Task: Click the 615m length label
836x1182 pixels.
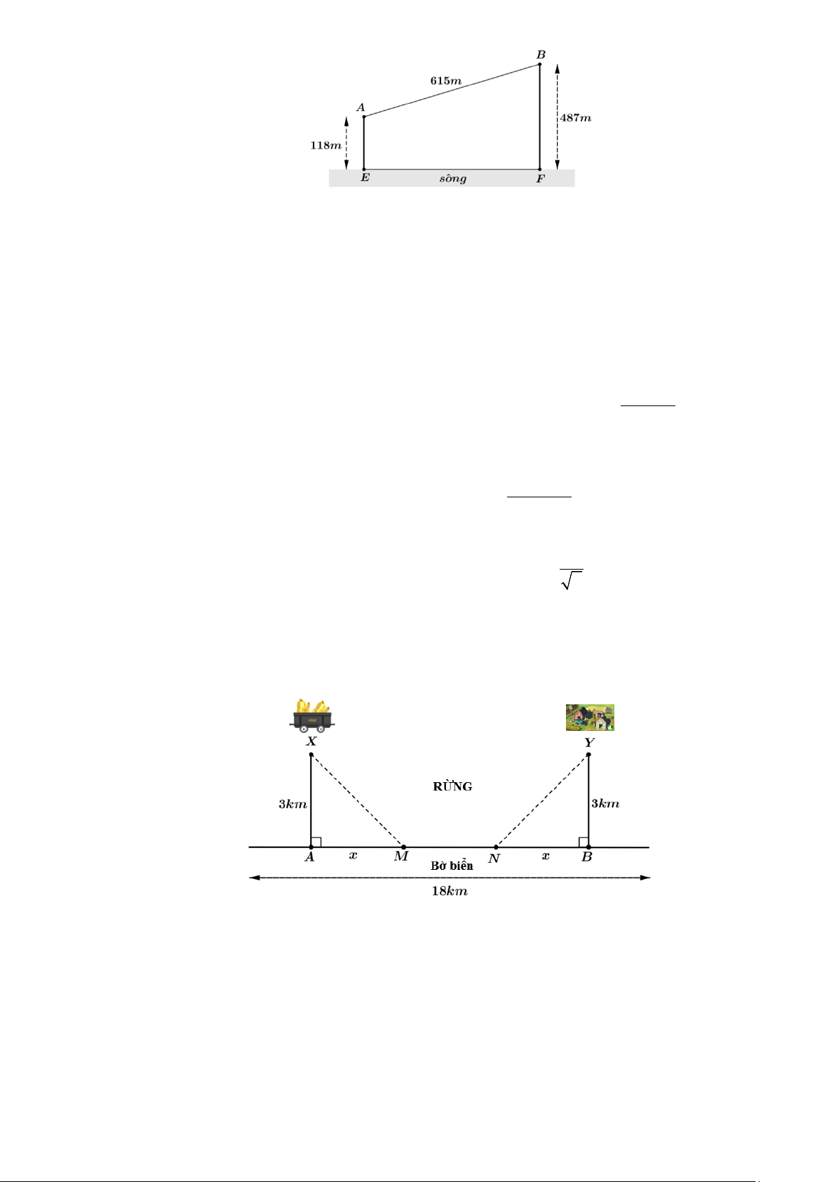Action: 445,81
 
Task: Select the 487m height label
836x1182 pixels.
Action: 575,118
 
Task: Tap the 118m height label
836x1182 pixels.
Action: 325,145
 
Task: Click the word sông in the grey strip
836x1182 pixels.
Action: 453,178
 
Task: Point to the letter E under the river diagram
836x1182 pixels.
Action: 365,178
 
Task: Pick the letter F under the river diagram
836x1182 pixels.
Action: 541,179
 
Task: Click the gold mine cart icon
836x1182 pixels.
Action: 311,716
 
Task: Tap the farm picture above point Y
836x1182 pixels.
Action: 591,717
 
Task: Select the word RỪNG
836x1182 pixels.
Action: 452,786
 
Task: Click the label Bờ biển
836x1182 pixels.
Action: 452,866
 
